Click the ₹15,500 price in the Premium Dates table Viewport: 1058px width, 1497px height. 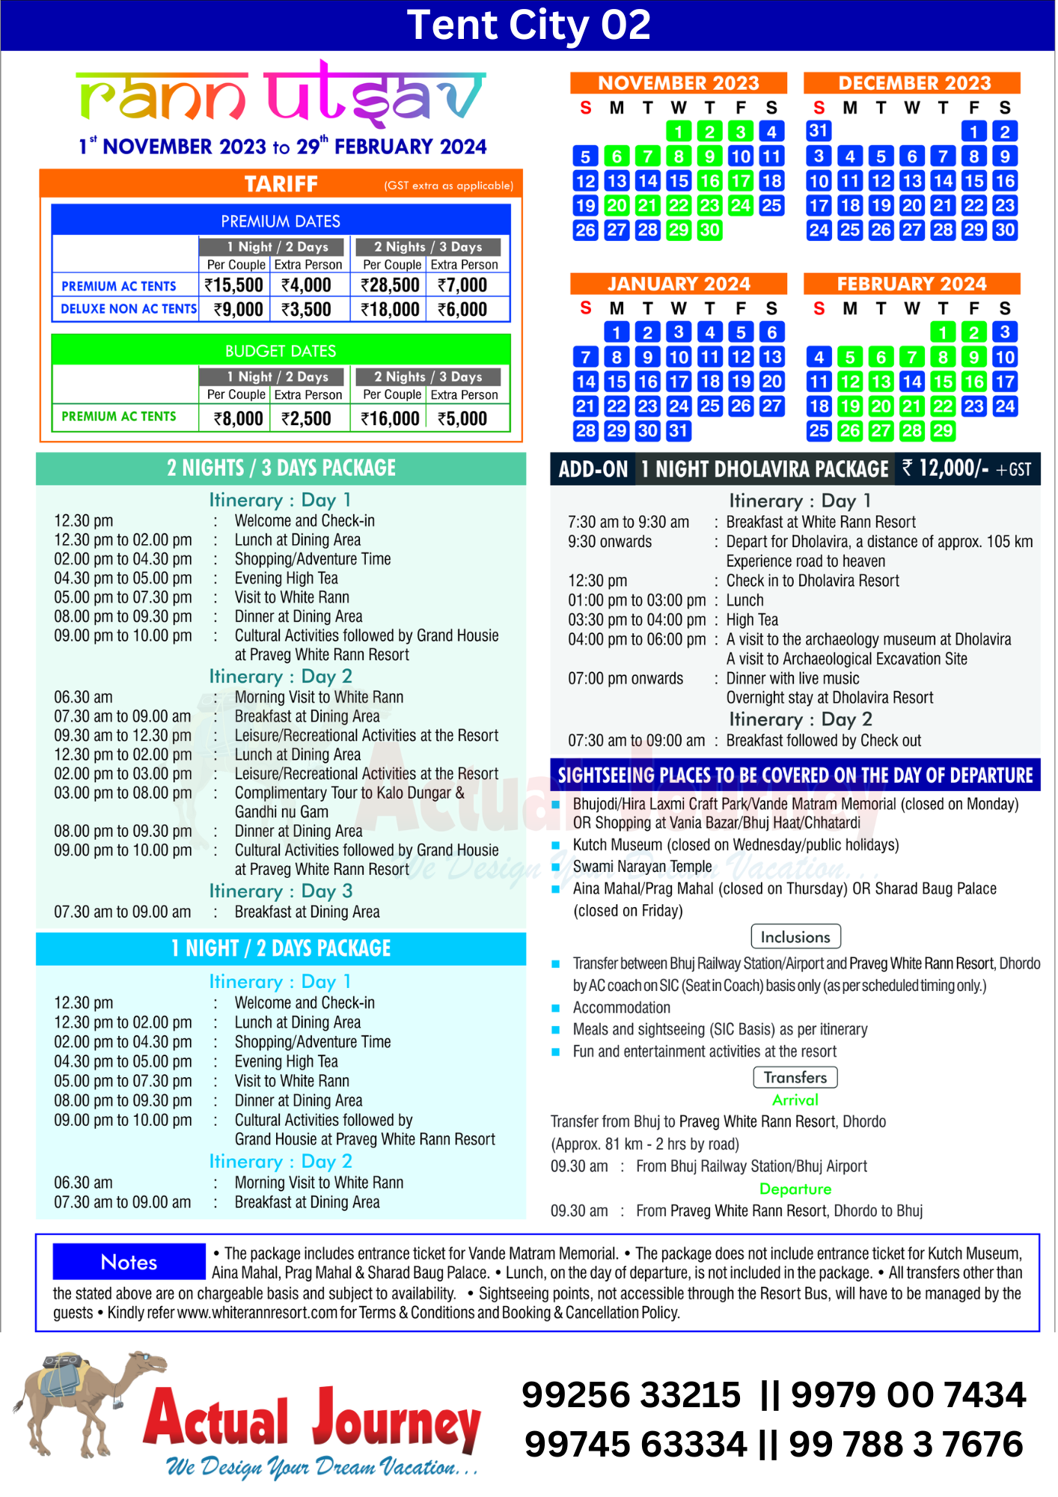coord(233,285)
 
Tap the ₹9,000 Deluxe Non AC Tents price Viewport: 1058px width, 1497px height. coord(238,310)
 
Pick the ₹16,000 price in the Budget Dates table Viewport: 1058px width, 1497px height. coord(390,419)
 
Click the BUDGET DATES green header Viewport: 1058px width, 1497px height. coord(281,351)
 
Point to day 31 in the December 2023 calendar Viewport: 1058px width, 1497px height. coord(819,131)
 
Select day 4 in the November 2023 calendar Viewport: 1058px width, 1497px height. coord(771,132)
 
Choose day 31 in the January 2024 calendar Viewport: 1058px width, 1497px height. coord(679,431)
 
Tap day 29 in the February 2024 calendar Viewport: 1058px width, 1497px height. coord(943,431)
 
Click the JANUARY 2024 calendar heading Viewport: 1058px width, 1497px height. coord(679,284)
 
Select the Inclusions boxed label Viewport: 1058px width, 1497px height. coord(795,937)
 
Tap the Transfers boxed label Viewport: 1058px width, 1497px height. coord(795,1078)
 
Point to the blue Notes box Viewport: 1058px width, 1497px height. coord(129,1263)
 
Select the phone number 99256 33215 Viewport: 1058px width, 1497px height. coord(631,1395)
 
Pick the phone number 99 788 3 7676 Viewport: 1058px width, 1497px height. coord(905,1445)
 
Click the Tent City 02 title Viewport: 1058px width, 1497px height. coord(528,25)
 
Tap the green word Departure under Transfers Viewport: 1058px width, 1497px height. coord(795,1189)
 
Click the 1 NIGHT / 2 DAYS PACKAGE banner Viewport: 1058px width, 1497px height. coord(281,949)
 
